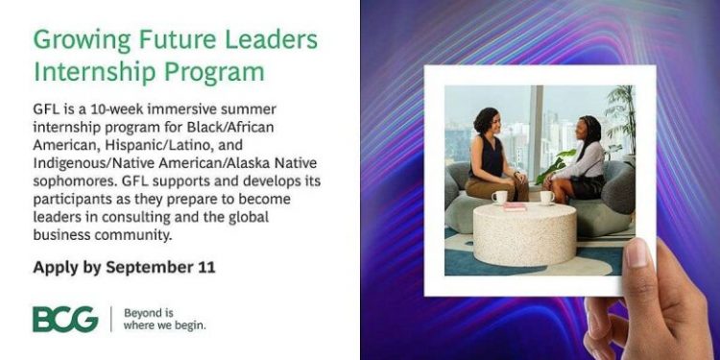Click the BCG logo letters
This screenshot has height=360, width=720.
(x=64, y=319)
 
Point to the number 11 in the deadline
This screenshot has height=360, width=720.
(x=205, y=267)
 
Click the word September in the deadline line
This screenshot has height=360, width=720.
(x=148, y=267)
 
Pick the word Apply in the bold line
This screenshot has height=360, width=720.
(x=55, y=267)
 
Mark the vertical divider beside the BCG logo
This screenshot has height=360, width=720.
(x=111, y=319)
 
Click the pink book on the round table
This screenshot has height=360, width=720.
(x=516, y=205)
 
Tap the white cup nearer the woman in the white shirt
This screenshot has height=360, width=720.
(x=546, y=197)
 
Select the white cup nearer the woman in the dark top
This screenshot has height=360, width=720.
(x=500, y=197)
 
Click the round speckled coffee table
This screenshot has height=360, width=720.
(x=524, y=232)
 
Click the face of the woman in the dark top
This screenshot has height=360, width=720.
(x=488, y=126)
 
